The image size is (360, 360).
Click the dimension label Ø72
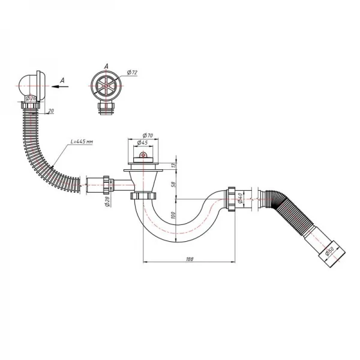point(131,73)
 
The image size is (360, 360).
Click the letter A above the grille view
point(106,66)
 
